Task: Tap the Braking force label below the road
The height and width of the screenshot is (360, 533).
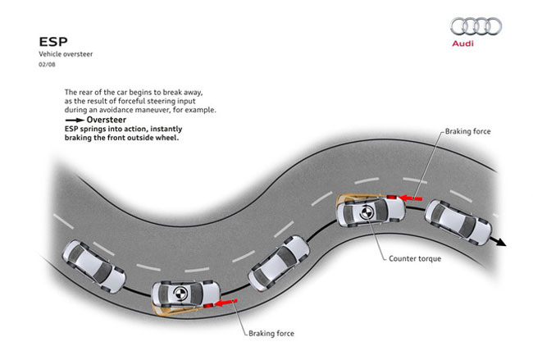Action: click(x=269, y=334)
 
